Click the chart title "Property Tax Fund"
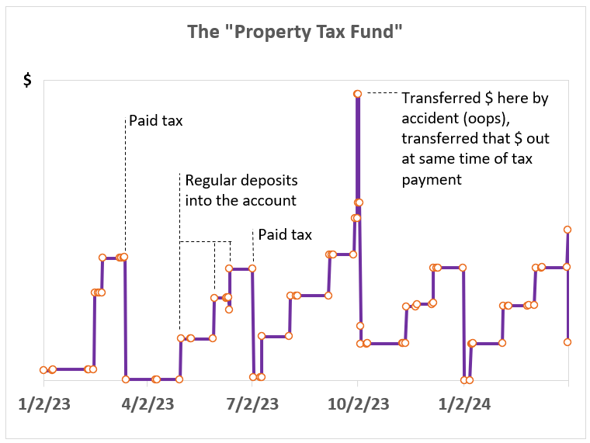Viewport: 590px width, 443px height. [x=295, y=32]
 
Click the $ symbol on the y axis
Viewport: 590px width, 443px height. [x=27, y=81]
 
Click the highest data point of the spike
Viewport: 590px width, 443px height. [x=357, y=94]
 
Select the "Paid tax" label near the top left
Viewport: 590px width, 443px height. [x=156, y=120]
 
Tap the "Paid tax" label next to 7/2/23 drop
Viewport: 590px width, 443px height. [x=285, y=234]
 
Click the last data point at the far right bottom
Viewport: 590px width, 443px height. [x=567, y=341]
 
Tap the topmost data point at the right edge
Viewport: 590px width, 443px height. [x=567, y=230]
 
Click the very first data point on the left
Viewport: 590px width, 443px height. [x=43, y=370]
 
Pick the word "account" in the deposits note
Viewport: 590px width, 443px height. [x=271, y=200]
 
